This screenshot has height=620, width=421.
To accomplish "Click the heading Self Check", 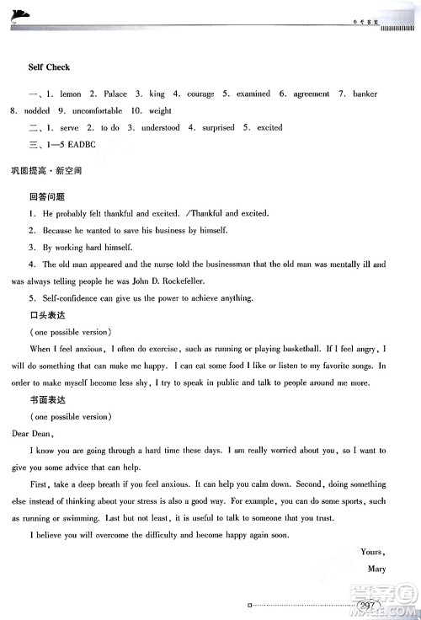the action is coord(49,67).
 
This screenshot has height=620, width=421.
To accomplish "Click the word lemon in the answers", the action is coord(70,94).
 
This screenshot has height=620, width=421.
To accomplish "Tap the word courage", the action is coord(200,94).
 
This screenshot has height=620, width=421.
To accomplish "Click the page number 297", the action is coord(368,606).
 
